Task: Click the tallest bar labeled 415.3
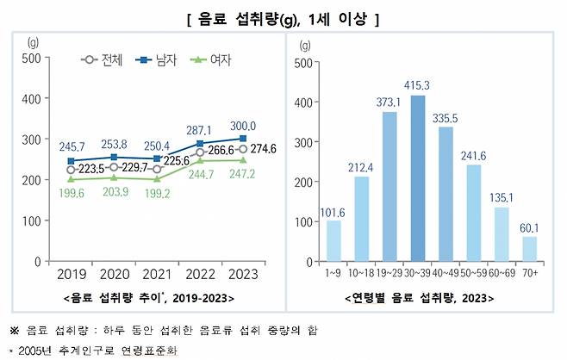[x=419, y=178]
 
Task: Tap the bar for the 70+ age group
[x=529, y=248]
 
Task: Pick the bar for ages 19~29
[x=389, y=186]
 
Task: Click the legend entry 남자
[x=165, y=60]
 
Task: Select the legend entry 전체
[x=103, y=60]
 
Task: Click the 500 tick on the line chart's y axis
[x=31, y=58]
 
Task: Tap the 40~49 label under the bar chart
[x=446, y=273]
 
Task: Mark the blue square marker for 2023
[x=244, y=138]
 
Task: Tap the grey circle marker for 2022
[x=201, y=152]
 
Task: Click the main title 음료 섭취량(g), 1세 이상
[x=283, y=18]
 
